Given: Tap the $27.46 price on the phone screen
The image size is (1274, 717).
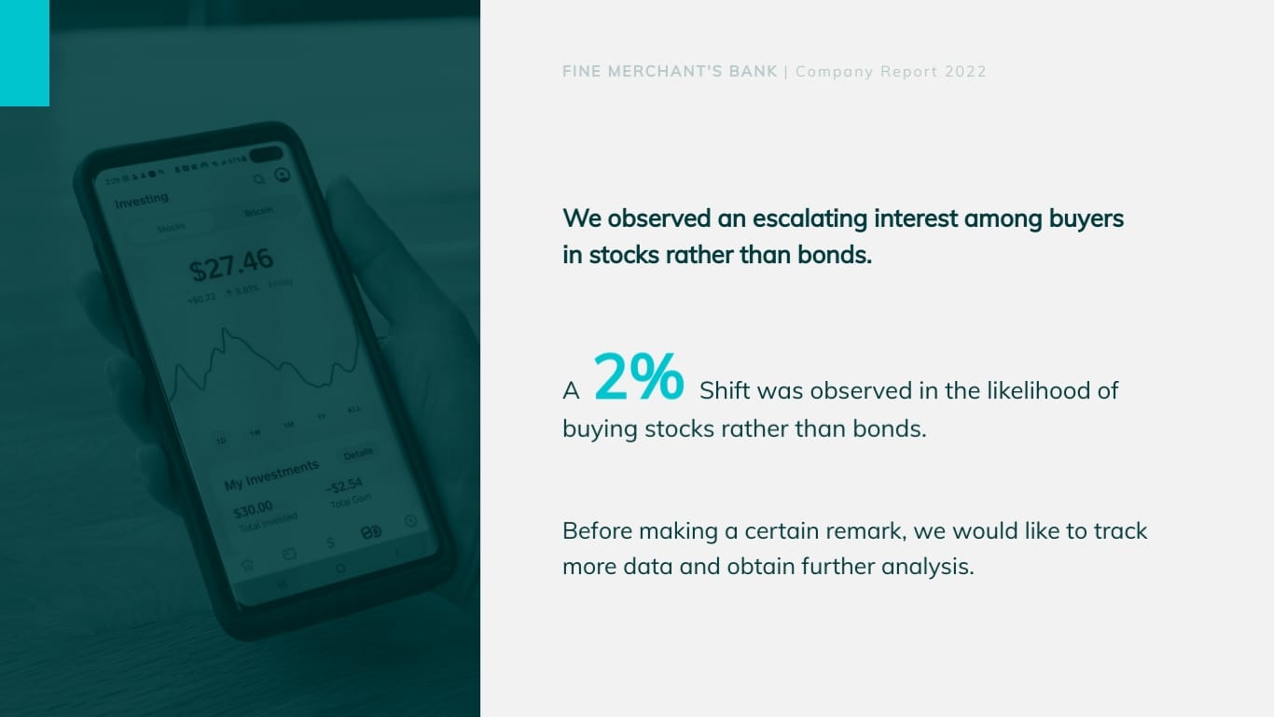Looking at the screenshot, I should click(x=230, y=264).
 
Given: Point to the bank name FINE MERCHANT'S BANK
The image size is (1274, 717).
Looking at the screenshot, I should click(x=670, y=72).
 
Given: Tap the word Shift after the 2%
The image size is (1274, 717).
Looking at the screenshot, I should click(x=725, y=390).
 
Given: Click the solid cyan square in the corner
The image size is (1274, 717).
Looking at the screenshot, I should click(x=24, y=53).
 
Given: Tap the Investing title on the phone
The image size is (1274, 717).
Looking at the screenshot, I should click(x=142, y=200).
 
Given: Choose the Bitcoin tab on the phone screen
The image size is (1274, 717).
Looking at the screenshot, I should click(x=258, y=212).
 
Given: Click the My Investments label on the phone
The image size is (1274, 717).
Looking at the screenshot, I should click(x=270, y=475).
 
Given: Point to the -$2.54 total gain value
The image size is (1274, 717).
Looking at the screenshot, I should click(x=344, y=485).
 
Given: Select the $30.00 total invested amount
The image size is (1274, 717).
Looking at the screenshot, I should click(x=253, y=509).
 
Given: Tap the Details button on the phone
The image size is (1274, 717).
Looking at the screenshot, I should click(x=357, y=454).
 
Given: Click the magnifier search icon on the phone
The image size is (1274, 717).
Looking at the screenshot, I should click(x=259, y=178).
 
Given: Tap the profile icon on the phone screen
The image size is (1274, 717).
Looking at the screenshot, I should click(x=282, y=175).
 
